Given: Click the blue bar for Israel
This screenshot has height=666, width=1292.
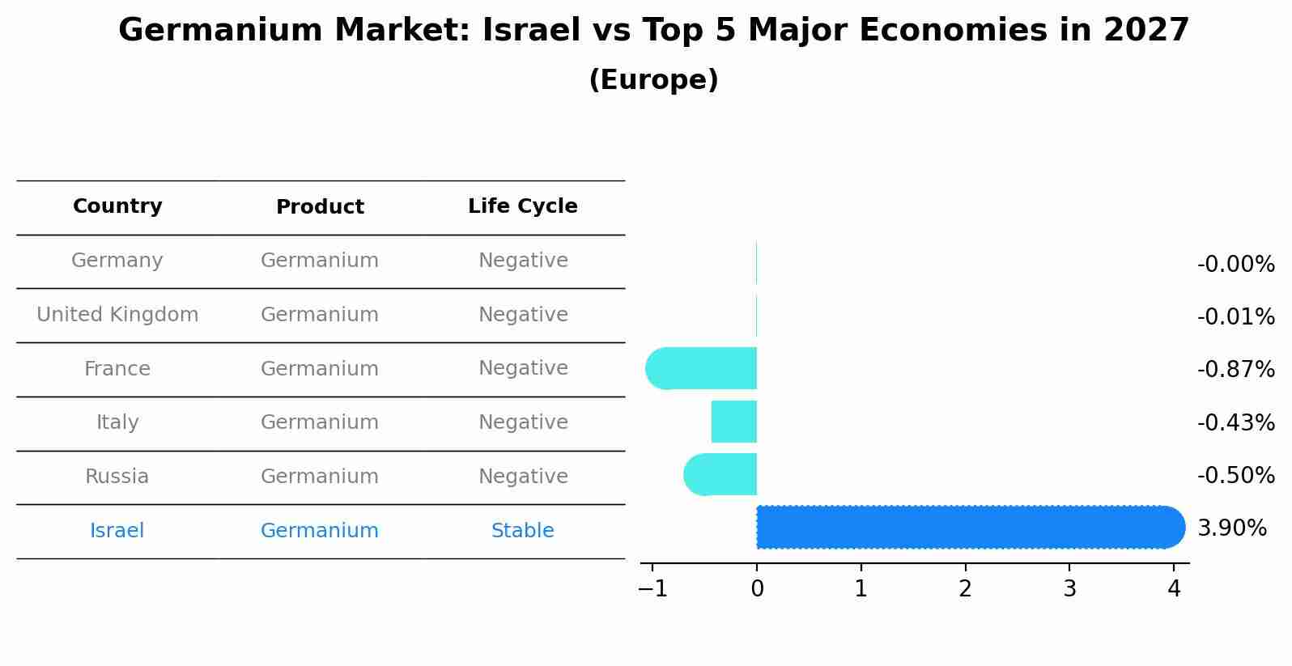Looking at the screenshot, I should (970, 527).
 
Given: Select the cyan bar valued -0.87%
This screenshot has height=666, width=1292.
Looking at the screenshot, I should (702, 368).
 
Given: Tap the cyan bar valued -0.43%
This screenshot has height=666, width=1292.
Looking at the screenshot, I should (733, 422).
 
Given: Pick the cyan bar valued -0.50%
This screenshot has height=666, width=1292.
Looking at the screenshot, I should (720, 474).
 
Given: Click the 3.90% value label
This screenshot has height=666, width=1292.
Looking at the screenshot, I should (1231, 528).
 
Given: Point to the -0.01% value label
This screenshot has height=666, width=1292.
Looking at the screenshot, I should (1235, 316).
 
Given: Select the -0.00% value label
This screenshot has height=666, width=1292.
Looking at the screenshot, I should (1235, 264).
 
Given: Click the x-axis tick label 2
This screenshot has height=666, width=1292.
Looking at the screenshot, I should (965, 589).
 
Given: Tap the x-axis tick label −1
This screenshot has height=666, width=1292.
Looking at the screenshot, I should (652, 589).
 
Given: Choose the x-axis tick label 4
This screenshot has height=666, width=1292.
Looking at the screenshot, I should (1173, 589).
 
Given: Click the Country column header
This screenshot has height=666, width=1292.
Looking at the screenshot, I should (117, 206).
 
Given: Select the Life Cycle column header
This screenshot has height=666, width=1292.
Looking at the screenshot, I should (522, 206).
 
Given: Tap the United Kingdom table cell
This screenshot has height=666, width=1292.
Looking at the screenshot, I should (117, 315).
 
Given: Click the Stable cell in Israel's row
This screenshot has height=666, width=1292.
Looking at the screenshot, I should (522, 531).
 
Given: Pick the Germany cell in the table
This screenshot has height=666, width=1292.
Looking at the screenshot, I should (117, 261).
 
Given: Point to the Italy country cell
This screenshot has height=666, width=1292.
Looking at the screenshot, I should (117, 422).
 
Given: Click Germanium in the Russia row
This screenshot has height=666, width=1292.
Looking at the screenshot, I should (319, 477).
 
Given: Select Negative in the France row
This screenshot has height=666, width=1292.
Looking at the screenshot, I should (522, 368).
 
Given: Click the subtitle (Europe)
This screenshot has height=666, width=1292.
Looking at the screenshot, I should (653, 80).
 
